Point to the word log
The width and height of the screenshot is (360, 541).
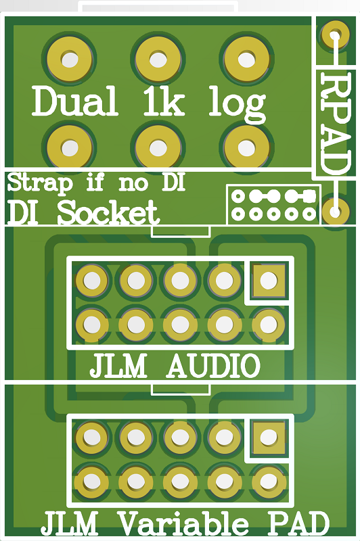[x=237, y=104]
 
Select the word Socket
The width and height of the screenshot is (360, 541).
[x=108, y=212]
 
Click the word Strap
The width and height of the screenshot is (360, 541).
[x=40, y=183]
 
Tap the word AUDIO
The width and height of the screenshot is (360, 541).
[x=213, y=366]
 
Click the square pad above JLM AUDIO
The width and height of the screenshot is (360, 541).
[x=269, y=281]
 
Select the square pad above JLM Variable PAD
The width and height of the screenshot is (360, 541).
[x=269, y=438]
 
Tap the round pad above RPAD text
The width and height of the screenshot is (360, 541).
[x=335, y=34]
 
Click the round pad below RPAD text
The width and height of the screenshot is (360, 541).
[x=335, y=211]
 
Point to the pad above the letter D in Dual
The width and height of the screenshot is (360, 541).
[x=70, y=60]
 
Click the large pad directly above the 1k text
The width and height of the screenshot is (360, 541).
[x=158, y=60]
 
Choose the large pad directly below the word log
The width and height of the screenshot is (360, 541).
[x=246, y=147]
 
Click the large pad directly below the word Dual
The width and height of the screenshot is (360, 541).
[x=70, y=147]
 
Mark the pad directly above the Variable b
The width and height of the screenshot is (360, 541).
[x=225, y=481]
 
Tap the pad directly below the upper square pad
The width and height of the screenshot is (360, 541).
[x=269, y=325]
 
